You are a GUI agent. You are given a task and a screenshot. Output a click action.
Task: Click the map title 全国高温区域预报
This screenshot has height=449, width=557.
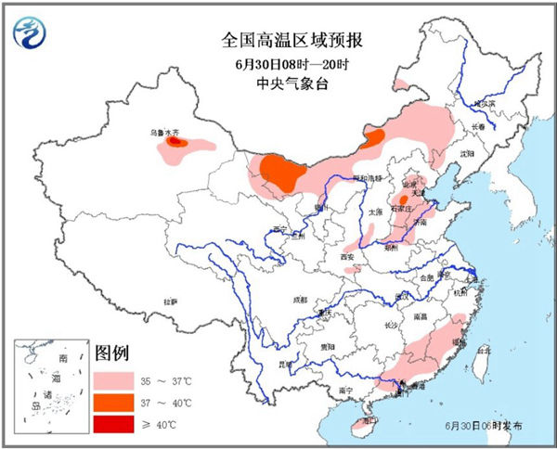278,40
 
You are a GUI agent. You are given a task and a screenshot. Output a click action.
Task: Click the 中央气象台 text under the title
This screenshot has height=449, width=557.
278,84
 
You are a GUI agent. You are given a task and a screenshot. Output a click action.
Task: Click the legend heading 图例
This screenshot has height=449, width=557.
112,353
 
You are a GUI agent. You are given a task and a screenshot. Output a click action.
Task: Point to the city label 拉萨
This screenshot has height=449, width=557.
170,301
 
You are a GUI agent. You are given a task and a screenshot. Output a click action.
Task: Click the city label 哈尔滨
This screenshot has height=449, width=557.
486,103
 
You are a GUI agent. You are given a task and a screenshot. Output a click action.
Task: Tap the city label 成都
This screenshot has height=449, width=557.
297,301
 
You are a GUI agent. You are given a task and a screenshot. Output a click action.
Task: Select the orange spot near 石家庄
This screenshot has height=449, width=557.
405,199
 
